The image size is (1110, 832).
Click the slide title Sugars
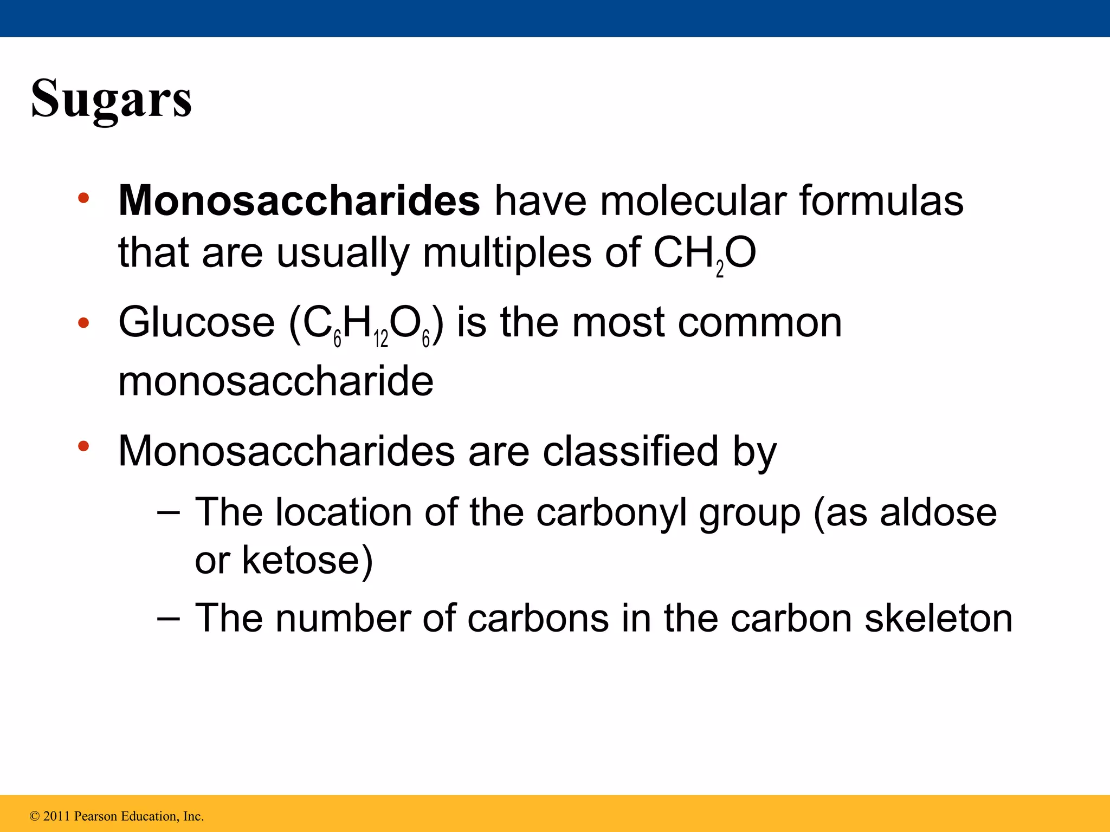click(112, 99)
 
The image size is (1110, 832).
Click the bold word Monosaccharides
click(299, 201)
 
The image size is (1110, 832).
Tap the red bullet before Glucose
click(83, 323)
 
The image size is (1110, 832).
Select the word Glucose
click(197, 323)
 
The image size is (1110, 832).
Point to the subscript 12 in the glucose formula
click(381, 340)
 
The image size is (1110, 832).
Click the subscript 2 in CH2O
click(720, 269)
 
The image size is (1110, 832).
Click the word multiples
click(507, 253)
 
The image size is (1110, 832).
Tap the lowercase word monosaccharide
click(276, 381)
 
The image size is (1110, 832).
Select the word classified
click(631, 451)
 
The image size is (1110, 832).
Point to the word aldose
click(938, 512)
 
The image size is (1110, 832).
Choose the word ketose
click(307, 560)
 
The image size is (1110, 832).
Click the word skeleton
click(938, 619)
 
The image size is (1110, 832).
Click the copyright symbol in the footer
click(35, 816)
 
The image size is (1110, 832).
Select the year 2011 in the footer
click(56, 816)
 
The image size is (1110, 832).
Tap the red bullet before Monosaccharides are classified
click(83, 447)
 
